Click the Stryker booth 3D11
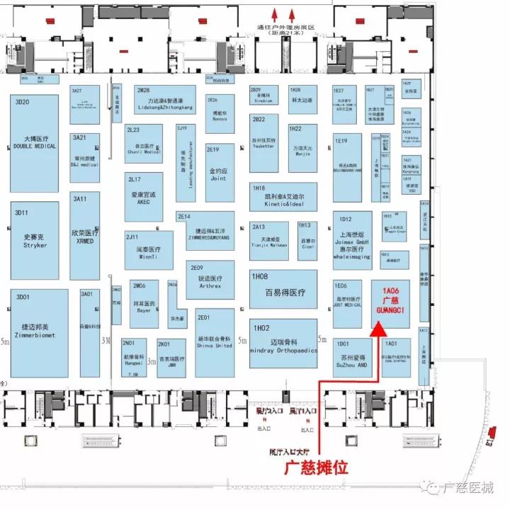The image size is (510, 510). pyautogui.click(x=34, y=242)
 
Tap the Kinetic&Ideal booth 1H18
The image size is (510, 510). pyautogui.click(x=283, y=197)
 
